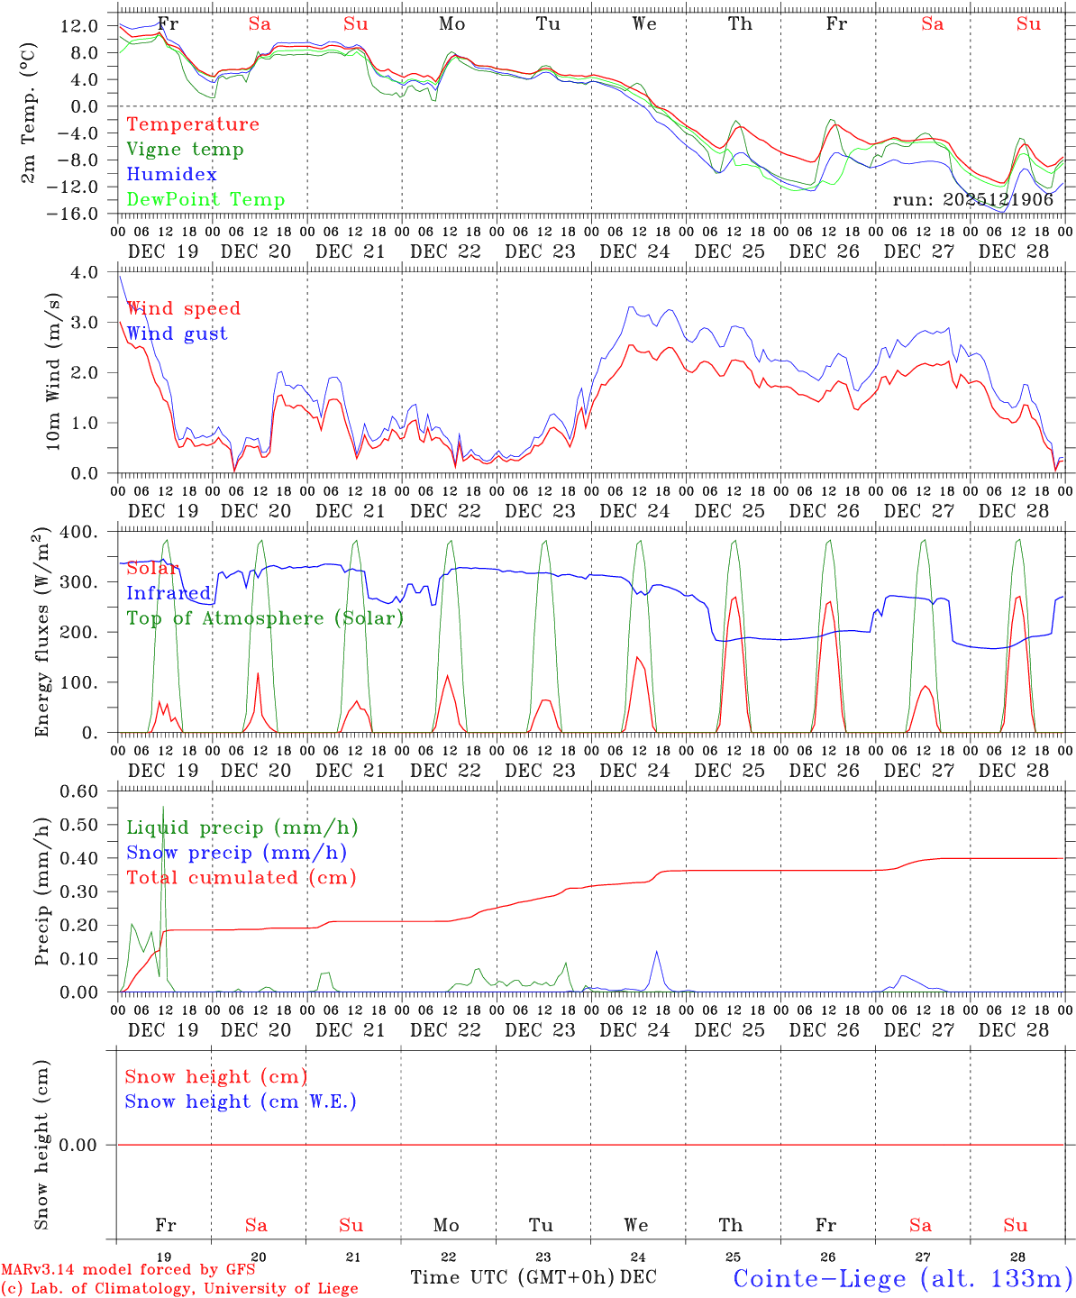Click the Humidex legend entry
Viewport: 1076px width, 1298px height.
tap(171, 175)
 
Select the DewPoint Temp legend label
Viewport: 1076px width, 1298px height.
tap(205, 200)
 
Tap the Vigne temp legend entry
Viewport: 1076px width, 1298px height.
tap(185, 150)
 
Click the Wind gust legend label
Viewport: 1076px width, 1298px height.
tap(177, 334)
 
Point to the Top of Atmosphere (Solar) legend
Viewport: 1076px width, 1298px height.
tap(264, 618)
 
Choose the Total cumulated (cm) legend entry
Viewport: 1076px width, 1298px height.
tap(241, 878)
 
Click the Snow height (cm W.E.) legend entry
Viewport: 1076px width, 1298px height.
tap(240, 1101)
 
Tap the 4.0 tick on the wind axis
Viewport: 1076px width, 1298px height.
tap(96, 272)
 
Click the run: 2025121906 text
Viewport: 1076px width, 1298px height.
tap(972, 200)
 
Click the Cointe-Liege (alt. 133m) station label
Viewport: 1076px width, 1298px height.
tap(902, 1278)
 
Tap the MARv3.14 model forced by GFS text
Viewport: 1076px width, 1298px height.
tap(128, 1270)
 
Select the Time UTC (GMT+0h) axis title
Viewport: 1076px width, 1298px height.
tap(512, 1277)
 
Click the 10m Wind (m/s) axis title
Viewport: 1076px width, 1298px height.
tap(54, 371)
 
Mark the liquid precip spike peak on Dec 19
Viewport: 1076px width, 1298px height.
tap(163, 807)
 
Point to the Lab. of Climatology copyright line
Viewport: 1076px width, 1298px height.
tap(179, 1288)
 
